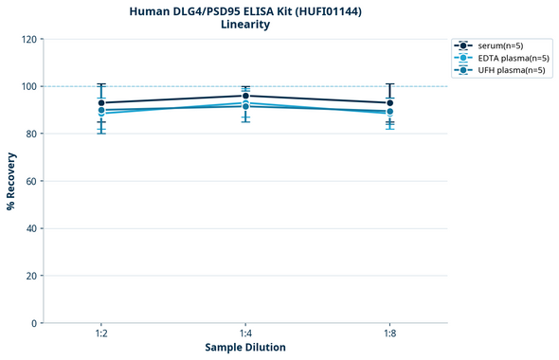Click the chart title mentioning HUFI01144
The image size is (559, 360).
(x=245, y=10)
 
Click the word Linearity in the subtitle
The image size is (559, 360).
(x=245, y=25)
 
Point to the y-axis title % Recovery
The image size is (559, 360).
(x=11, y=181)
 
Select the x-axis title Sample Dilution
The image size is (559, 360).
(x=245, y=347)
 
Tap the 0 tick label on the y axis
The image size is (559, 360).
(x=34, y=323)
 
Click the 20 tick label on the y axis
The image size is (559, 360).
(x=31, y=276)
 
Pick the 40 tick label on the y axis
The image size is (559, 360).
(x=31, y=228)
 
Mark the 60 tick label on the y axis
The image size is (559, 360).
(x=31, y=181)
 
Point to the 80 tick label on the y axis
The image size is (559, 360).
(x=31, y=134)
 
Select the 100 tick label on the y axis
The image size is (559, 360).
(x=28, y=86)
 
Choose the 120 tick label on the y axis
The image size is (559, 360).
(x=28, y=39)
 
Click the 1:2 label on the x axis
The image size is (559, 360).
(x=100, y=333)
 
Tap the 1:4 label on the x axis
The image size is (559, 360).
(x=245, y=333)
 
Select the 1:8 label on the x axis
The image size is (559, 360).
(x=389, y=333)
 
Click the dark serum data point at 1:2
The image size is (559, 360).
(x=101, y=102)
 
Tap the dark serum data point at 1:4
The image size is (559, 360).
(x=245, y=96)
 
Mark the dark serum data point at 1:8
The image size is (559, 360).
(x=389, y=102)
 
